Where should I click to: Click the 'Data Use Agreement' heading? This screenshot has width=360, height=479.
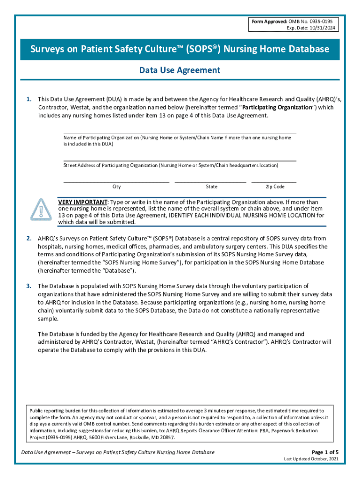180,70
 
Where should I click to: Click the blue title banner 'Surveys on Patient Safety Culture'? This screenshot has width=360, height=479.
180,49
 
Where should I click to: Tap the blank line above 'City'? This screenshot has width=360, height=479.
116,181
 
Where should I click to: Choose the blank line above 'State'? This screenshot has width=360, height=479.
210,181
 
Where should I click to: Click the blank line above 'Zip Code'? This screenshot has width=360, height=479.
274,181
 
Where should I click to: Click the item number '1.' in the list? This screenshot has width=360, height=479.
29,99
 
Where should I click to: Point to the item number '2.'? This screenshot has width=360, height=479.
29,239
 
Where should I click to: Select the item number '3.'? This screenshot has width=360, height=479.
29,286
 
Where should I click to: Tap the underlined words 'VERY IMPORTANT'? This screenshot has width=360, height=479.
82,202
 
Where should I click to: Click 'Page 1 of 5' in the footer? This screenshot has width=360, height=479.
325,452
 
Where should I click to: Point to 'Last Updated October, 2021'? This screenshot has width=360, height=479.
311,459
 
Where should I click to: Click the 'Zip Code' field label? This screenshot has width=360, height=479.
275,187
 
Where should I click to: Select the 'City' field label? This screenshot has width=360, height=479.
116,187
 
